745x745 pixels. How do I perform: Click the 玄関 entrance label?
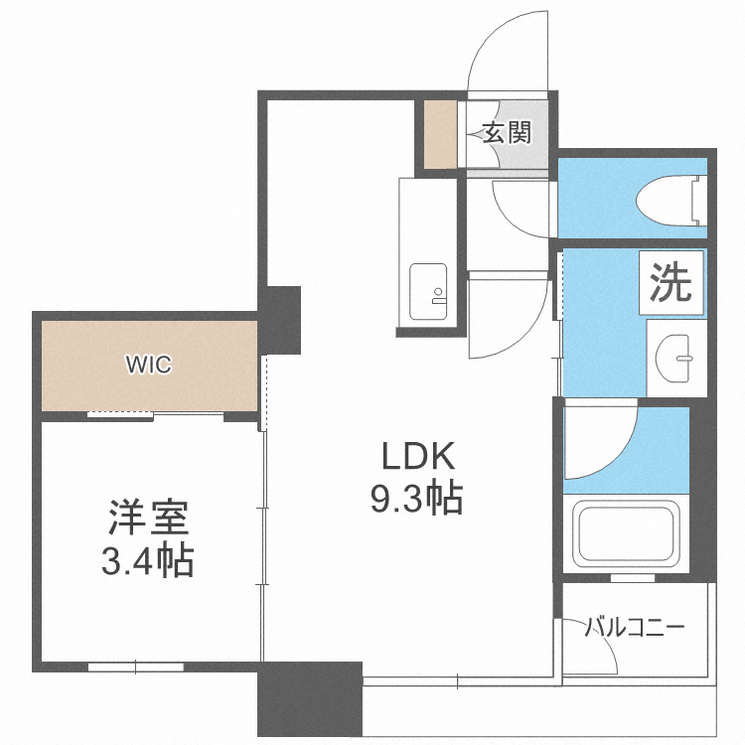pyautogui.click(x=507, y=133)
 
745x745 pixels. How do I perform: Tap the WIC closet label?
pyautogui.click(x=149, y=365)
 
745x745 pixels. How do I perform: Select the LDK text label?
pyautogui.click(x=418, y=456)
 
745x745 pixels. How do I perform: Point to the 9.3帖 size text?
pyautogui.click(x=416, y=499)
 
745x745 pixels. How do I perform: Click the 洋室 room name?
pyautogui.click(x=148, y=518)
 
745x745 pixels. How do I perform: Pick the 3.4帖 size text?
pyautogui.click(x=148, y=560)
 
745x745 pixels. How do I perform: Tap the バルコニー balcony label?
pyautogui.click(x=635, y=627)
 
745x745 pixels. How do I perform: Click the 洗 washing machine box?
pyautogui.click(x=670, y=282)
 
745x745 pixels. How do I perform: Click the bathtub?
pyautogui.click(x=626, y=532)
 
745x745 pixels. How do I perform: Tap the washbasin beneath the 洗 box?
pyautogui.click(x=674, y=358)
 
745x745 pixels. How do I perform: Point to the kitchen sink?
pyautogui.click(x=428, y=292)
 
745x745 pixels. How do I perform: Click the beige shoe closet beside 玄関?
pyautogui.click(x=440, y=134)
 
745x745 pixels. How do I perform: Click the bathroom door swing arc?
pyautogui.click(x=613, y=451)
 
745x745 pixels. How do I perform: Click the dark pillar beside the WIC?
pyautogui.click(x=280, y=320)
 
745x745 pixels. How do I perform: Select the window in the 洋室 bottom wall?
pyautogui.click(x=136, y=668)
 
